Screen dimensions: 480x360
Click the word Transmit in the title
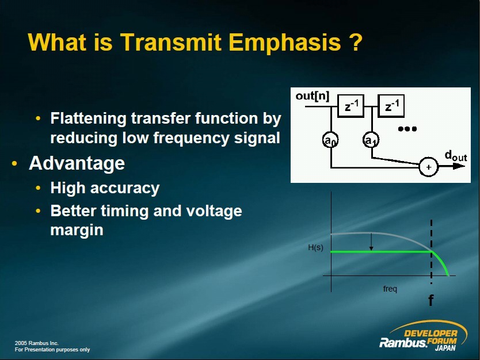click(170, 42)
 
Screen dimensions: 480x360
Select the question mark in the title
click(356, 42)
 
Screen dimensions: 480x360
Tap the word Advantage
click(77, 163)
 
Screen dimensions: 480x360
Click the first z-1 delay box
click(351, 106)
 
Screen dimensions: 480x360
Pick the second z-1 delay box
click(391, 106)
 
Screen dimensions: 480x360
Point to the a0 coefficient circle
click(330, 140)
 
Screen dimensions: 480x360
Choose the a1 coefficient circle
click(371, 140)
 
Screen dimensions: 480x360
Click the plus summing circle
click(429, 167)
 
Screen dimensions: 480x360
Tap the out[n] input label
click(313, 96)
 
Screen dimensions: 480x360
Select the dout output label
click(456, 156)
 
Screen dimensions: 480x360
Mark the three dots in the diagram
click(407, 129)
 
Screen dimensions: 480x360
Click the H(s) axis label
click(315, 247)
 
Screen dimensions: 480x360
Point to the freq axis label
click(390, 289)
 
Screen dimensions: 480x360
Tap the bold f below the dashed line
click(431, 300)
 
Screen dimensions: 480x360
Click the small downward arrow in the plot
click(371, 242)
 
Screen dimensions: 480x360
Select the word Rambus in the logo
click(403, 343)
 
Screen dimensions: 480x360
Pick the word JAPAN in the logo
click(445, 348)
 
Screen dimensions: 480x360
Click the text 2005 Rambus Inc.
click(36, 343)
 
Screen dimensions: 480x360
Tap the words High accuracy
click(105, 188)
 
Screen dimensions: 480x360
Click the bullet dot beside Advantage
click(14, 164)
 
